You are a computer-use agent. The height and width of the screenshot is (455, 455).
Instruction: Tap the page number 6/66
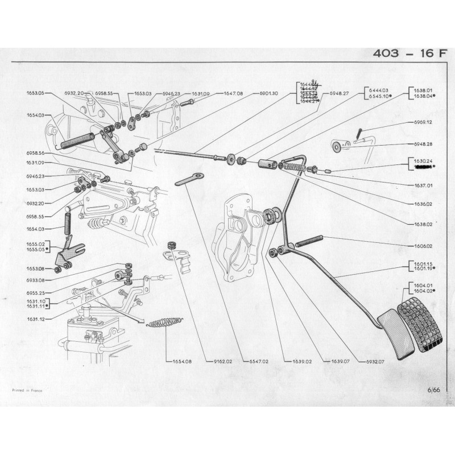click(x=433, y=390)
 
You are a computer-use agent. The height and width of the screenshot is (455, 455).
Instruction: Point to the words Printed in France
click(x=27, y=391)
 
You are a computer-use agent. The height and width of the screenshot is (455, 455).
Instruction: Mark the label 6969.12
click(x=421, y=122)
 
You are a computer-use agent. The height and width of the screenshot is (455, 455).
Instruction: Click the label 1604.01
click(x=424, y=285)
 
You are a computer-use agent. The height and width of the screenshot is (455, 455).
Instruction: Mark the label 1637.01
click(x=421, y=185)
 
